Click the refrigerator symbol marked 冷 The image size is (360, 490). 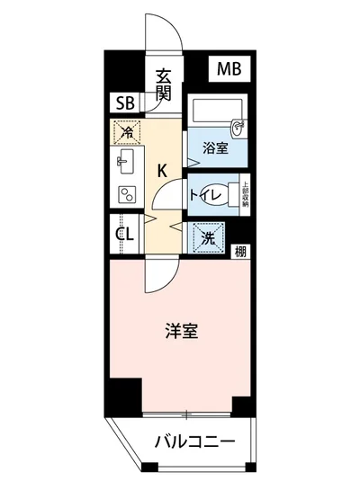click(127, 133)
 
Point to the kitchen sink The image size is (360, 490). click(125, 163)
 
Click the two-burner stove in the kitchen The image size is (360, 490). click(126, 192)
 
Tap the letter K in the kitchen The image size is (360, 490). click(163, 168)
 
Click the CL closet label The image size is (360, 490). click(125, 236)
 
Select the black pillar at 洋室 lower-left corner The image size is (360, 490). click(125, 393)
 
